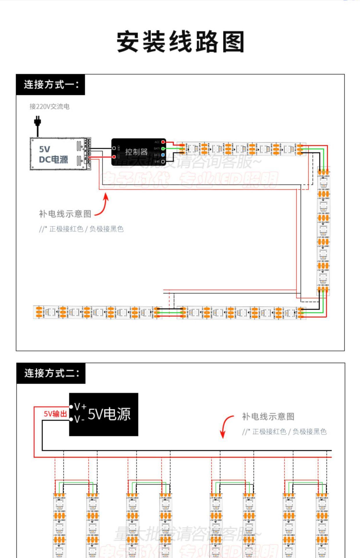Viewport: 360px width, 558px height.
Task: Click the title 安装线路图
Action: [180, 42]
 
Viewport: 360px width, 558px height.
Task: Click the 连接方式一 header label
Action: [51, 85]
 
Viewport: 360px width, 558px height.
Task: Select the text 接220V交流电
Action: [49, 107]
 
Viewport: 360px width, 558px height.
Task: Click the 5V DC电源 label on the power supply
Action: [53, 154]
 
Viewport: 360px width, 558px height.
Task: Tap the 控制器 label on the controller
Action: [136, 152]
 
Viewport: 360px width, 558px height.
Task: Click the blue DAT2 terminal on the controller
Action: [163, 155]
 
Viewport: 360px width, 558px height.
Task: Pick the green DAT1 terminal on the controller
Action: [163, 149]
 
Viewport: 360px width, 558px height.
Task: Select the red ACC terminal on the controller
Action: [163, 142]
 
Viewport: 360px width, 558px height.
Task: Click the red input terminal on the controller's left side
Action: [114, 157]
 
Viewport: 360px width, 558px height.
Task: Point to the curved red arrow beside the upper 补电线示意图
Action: [103, 205]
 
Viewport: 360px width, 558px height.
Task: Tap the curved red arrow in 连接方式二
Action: [226, 426]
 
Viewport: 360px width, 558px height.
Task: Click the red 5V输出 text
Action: [55, 414]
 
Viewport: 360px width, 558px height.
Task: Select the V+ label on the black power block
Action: [80, 407]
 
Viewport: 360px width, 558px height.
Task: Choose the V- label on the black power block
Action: [79, 419]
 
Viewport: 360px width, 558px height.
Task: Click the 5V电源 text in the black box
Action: [109, 414]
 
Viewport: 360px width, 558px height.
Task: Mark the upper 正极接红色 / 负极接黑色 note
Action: [81, 229]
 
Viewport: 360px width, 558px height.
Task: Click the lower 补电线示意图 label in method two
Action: [268, 416]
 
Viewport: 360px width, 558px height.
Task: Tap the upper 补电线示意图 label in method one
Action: [65, 214]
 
